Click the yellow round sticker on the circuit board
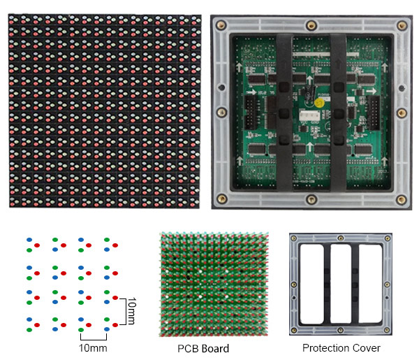click(319, 103)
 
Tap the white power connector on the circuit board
click(309, 116)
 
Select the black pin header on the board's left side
click(250, 113)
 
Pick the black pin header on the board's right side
click(374, 113)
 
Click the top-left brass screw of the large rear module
click(221, 25)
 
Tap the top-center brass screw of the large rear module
click(311, 26)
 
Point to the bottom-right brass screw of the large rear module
click(401, 199)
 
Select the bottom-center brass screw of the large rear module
click(311, 199)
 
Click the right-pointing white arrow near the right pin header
click(372, 91)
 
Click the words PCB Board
click(203, 349)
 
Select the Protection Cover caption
click(341, 348)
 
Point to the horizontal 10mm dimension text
click(93, 348)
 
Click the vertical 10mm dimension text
click(132, 310)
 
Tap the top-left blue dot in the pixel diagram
click(29, 240)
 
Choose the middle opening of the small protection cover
click(341, 284)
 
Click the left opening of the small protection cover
click(312, 284)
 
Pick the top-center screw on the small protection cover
click(341, 238)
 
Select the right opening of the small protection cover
click(370, 284)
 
